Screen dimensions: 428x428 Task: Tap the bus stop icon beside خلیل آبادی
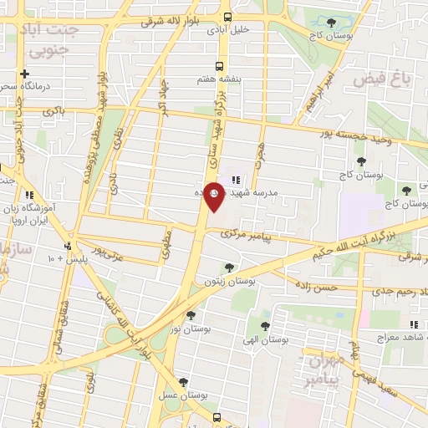pyautogui.click(x=228, y=18)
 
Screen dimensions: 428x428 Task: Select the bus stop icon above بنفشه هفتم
pyautogui.click(x=220, y=66)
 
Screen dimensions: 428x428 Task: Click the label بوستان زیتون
pyautogui.click(x=222, y=282)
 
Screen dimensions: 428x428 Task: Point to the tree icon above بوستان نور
pyautogui.click(x=191, y=315)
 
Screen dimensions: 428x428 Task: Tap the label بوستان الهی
pyautogui.click(x=265, y=340)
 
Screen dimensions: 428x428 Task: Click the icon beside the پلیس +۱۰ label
pyautogui.click(x=68, y=246)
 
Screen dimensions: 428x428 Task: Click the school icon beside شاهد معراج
pyautogui.click(x=413, y=324)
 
